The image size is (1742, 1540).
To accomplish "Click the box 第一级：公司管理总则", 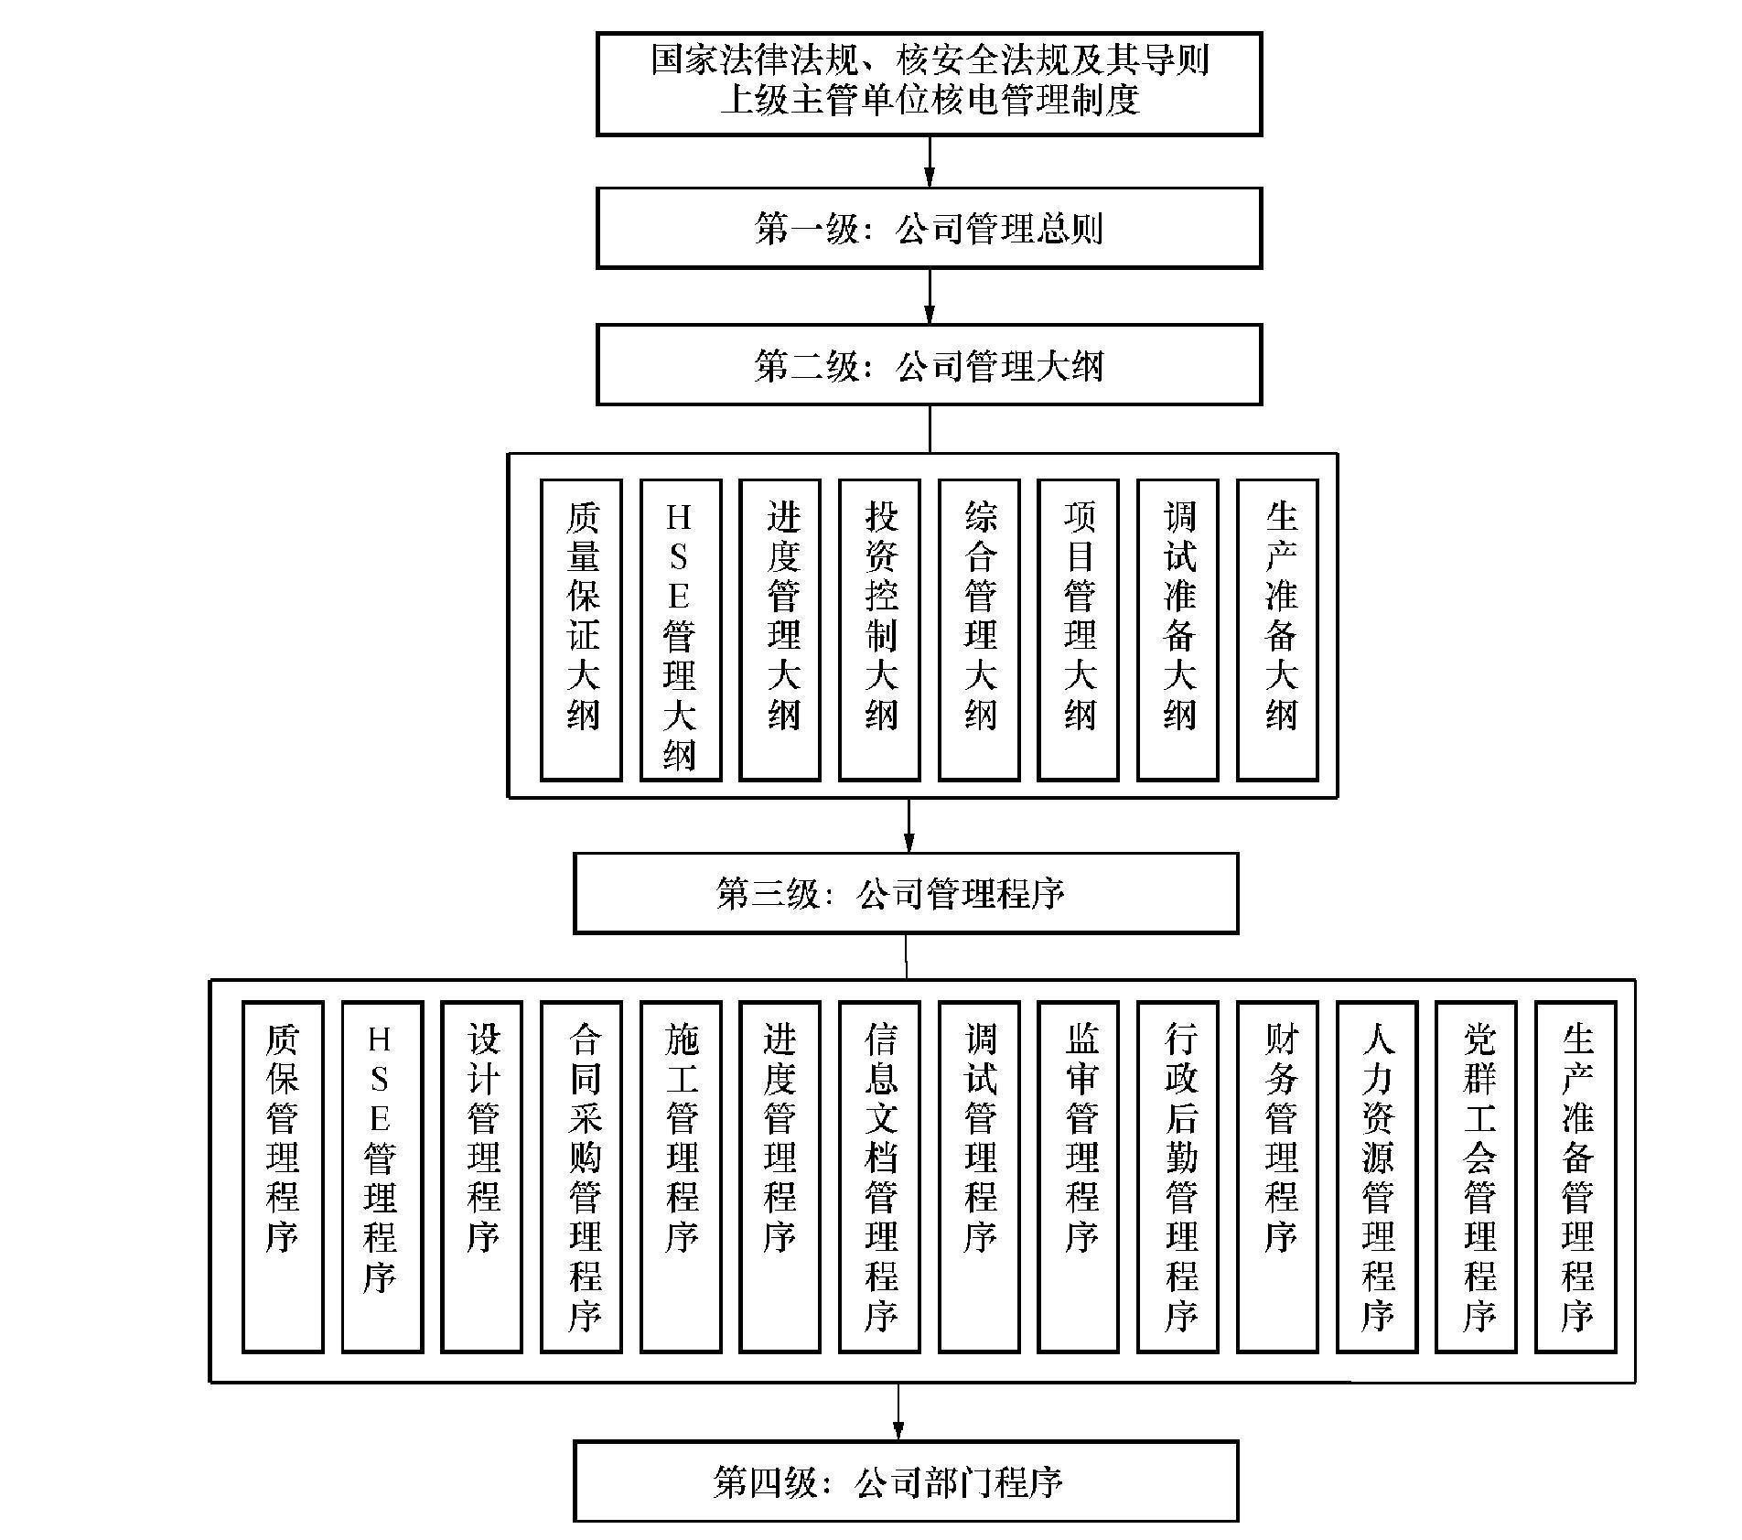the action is [929, 228].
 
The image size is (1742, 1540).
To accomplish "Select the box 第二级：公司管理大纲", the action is [929, 364].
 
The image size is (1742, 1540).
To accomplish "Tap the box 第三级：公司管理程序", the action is [906, 893].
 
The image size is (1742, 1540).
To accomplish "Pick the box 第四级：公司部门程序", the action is [906, 1481].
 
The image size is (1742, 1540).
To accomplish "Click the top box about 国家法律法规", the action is [929, 84].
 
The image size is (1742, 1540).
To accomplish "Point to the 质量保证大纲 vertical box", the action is [581, 630].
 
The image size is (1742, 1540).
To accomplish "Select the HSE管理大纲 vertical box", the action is [681, 630].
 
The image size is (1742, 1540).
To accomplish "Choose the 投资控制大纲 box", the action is [879, 630].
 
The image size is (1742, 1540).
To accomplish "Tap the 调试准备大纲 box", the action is [1177, 630].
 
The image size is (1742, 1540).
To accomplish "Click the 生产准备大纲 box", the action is [1277, 630].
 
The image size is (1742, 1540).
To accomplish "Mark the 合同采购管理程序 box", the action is [581, 1176].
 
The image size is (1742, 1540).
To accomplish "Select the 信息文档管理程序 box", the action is [879, 1176].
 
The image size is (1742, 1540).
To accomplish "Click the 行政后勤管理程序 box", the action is [1177, 1176].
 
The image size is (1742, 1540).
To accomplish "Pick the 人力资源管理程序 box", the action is [1377, 1176].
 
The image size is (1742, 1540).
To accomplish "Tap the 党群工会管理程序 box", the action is [1476, 1176].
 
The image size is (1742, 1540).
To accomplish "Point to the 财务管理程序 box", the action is [1277, 1176].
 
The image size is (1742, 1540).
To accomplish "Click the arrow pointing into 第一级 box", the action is [930, 162].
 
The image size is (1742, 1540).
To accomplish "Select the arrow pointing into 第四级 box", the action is [898, 1412].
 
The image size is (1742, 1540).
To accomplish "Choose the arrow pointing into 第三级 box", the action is [909, 825].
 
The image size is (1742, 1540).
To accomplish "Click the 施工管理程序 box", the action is [681, 1176].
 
